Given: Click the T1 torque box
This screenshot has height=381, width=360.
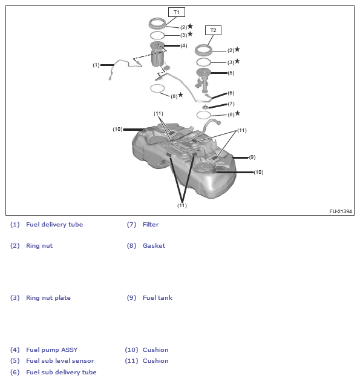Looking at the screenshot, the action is (177, 12).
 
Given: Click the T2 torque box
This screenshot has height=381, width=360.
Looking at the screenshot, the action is (213, 30).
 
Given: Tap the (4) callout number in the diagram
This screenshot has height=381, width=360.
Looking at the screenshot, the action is (184, 45).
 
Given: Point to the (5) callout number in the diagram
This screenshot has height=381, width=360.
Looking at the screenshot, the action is (231, 73).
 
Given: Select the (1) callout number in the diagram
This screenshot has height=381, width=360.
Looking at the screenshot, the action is (96, 65).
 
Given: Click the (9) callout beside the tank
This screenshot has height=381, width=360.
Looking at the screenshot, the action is (252, 157).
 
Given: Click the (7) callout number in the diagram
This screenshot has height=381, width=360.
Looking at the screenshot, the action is (231, 104).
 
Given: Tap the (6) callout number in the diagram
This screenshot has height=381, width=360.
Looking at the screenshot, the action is (231, 93).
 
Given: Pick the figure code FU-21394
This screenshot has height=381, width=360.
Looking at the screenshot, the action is (341, 211).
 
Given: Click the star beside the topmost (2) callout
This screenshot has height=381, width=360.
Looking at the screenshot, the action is (191, 26).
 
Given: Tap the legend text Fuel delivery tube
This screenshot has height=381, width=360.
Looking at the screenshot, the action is (54, 225).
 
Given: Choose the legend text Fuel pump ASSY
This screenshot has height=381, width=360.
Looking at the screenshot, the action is (51, 350).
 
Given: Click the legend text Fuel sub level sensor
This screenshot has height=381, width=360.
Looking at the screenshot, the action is (60, 361).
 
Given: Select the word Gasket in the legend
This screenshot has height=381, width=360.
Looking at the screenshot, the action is (154, 246).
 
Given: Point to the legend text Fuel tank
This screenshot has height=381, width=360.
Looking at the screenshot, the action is (157, 298).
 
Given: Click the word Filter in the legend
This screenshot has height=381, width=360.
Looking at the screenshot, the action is (151, 225).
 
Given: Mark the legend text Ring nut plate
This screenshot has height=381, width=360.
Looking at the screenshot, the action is (48, 298).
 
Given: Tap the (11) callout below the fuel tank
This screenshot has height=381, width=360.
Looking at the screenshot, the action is (182, 205).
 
